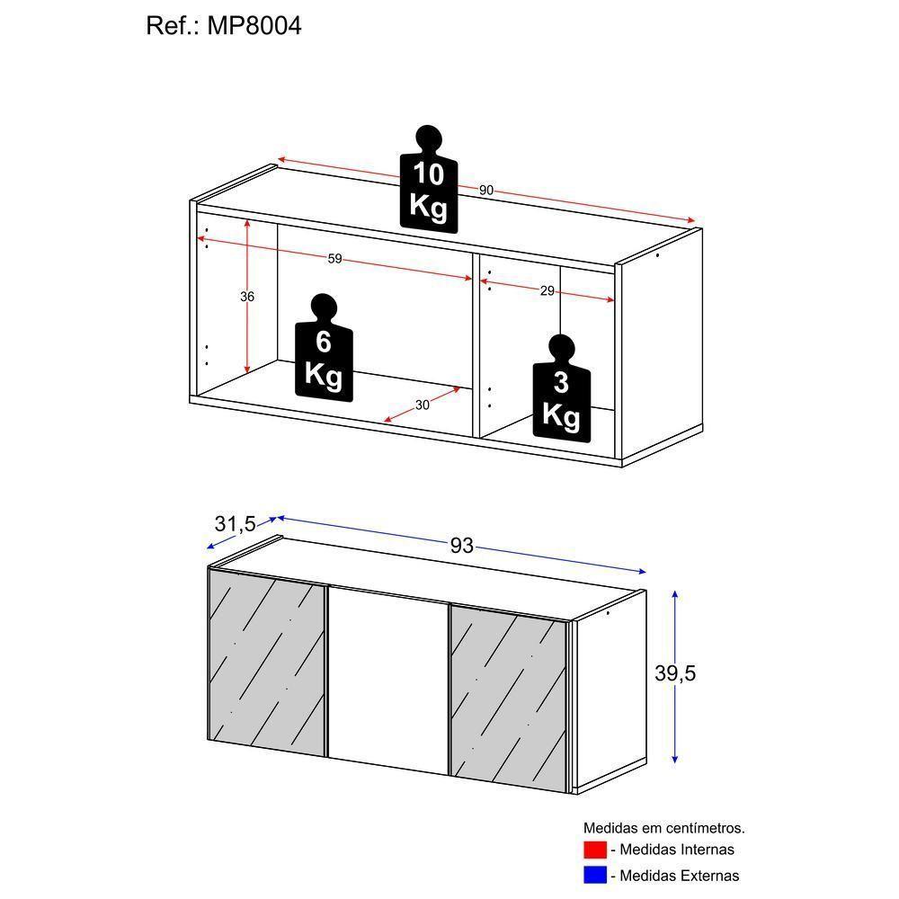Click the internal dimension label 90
[486, 190]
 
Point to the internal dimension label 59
[334, 259]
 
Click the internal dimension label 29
[547, 290]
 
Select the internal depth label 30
[423, 405]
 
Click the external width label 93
[461, 546]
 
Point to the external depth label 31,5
[235, 523]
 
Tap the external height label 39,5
[676, 673]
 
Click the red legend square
[594, 849]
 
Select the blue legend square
[594, 875]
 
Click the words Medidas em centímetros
[663, 827]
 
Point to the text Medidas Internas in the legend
[676, 849]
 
